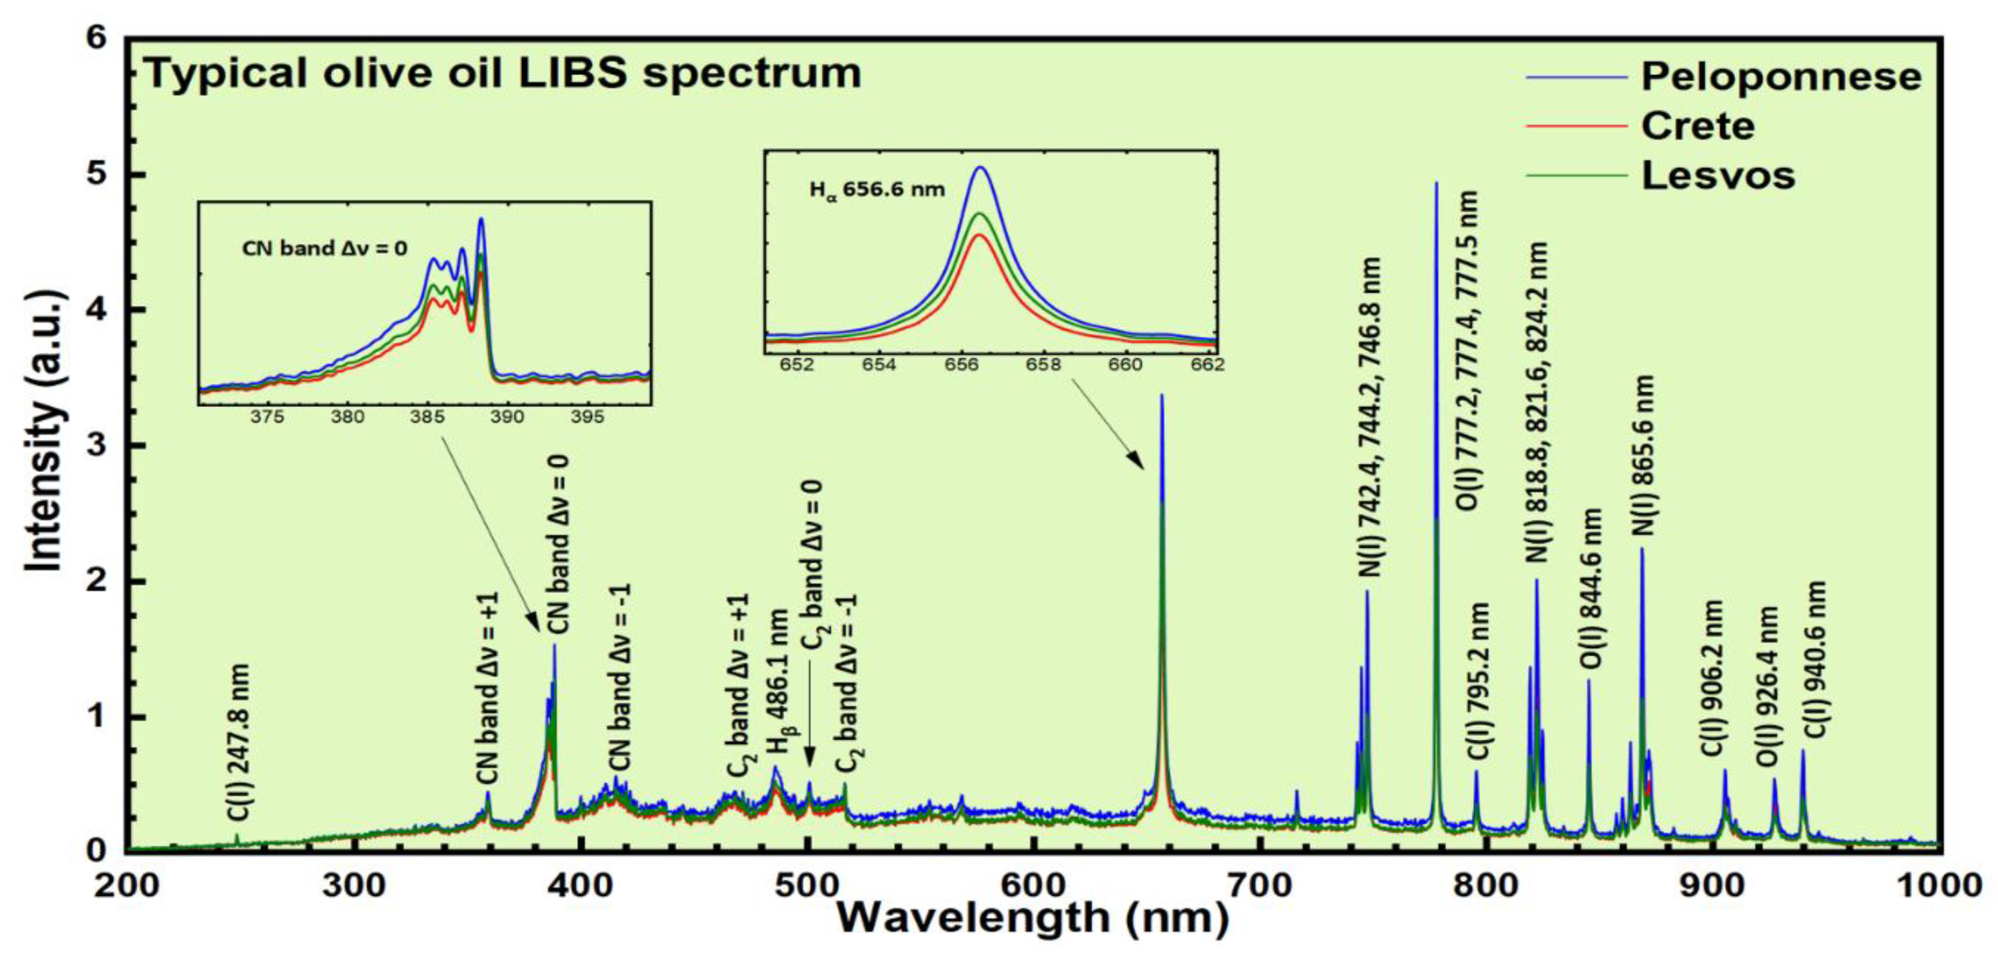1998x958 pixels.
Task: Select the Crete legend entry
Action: click(x=1697, y=126)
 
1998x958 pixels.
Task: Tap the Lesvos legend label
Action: click(x=1717, y=176)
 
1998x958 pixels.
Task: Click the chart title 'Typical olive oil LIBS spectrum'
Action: click(x=503, y=74)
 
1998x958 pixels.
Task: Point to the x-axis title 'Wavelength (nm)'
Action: click(x=1032, y=917)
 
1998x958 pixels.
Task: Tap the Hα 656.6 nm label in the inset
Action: click(x=877, y=189)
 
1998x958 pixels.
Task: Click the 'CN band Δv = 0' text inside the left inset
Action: click(x=324, y=249)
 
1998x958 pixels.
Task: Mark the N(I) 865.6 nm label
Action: click(x=1643, y=456)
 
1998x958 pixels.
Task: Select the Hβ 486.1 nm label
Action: click(x=778, y=683)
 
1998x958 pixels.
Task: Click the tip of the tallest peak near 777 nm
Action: click(x=1436, y=184)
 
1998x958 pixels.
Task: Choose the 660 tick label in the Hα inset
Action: click(x=1125, y=365)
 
